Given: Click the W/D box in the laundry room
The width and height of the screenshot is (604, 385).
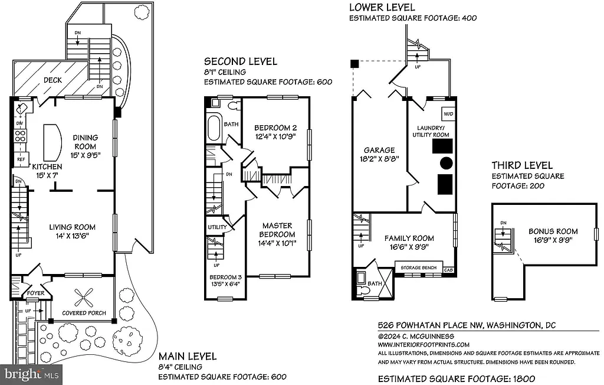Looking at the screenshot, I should point(447,113).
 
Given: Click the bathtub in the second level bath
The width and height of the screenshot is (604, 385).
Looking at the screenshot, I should point(213,128).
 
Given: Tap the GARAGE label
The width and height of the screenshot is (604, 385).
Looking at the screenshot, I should point(379,150).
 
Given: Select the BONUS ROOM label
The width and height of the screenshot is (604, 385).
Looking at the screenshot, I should point(553,231).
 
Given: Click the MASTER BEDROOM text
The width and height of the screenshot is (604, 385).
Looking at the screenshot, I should point(278,230).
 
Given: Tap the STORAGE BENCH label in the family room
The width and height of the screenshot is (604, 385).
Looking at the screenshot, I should point(418,268).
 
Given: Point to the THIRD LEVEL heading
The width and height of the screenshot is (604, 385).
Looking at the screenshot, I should point(523,165).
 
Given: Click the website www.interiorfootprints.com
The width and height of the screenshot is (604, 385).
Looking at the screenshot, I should point(424,345).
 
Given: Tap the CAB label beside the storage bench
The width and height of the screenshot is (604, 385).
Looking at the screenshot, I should point(448,269).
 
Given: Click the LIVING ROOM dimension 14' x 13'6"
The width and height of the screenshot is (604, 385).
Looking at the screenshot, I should point(72,236).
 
